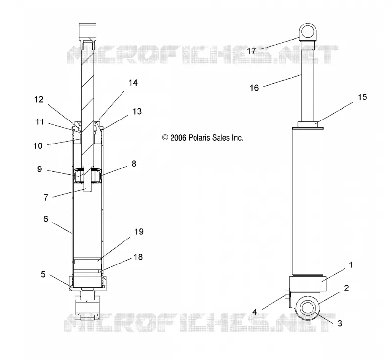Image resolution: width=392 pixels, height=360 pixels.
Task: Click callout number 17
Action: point(251,51)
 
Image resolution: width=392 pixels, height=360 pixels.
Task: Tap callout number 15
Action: point(362,97)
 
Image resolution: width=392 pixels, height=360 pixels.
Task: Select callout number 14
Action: point(133,83)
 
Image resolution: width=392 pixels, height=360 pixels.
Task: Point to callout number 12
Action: point(39,100)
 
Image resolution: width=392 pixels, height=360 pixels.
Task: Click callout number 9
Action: point(40,169)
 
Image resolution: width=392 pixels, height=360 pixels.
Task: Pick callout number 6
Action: point(46,219)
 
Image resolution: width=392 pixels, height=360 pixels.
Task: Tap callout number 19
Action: point(139,232)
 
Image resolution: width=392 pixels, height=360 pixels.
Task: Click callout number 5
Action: point(43,274)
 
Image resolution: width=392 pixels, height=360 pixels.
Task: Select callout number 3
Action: point(340,323)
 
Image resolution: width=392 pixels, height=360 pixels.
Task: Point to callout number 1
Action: point(351,265)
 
